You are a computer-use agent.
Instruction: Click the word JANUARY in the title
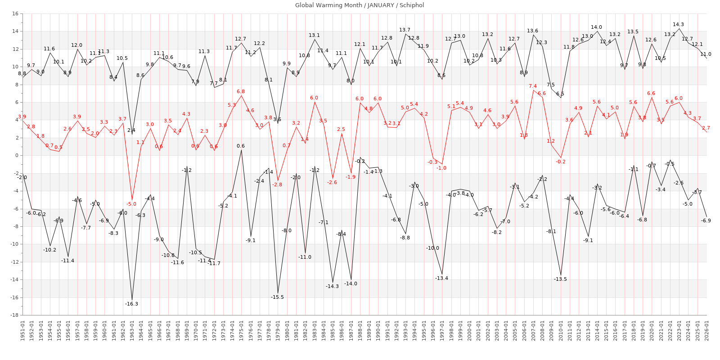click(382, 5)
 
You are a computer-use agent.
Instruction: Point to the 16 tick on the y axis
click(15, 13)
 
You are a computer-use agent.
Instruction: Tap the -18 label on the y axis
click(14, 315)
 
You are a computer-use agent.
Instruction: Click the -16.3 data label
click(132, 304)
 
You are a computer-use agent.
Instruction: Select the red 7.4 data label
click(533, 86)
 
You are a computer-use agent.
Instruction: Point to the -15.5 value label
click(277, 297)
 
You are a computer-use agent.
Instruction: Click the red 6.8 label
click(241, 92)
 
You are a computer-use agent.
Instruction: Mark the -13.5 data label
click(560, 279)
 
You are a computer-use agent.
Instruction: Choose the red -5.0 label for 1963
click(131, 204)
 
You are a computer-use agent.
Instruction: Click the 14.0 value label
click(596, 27)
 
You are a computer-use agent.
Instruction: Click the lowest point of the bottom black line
click(132, 300)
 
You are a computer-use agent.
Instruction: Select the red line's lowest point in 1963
click(132, 200)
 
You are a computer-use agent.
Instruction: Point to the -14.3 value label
click(332, 287)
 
